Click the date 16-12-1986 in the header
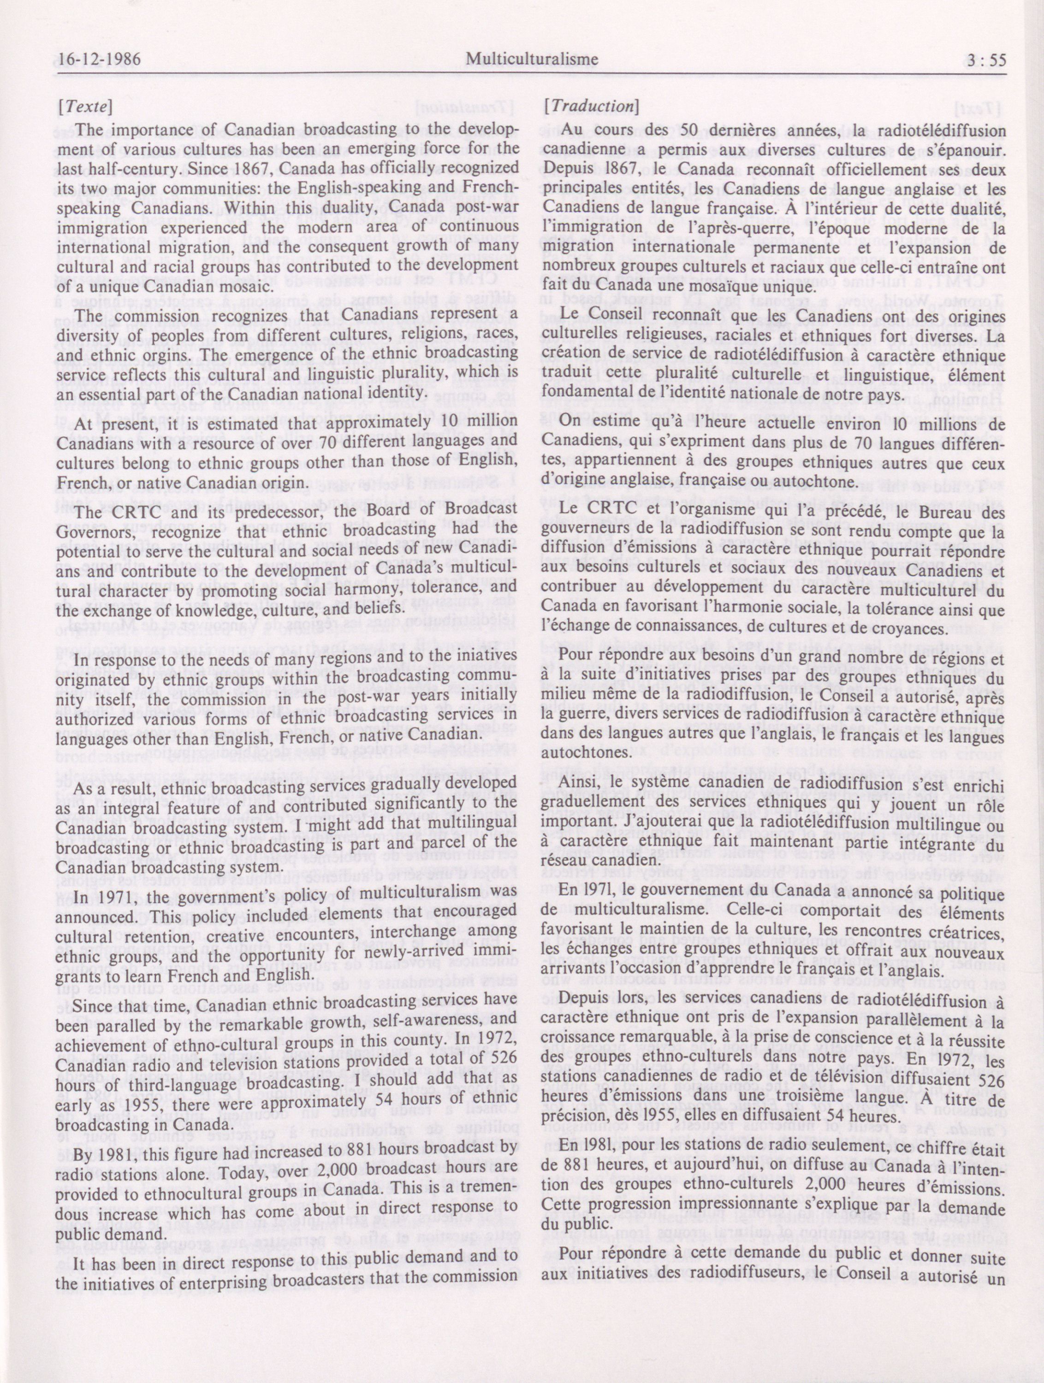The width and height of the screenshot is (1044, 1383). tap(97, 59)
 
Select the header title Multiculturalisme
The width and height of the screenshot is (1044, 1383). tap(532, 59)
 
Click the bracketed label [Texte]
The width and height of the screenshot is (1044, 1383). tap(84, 107)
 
